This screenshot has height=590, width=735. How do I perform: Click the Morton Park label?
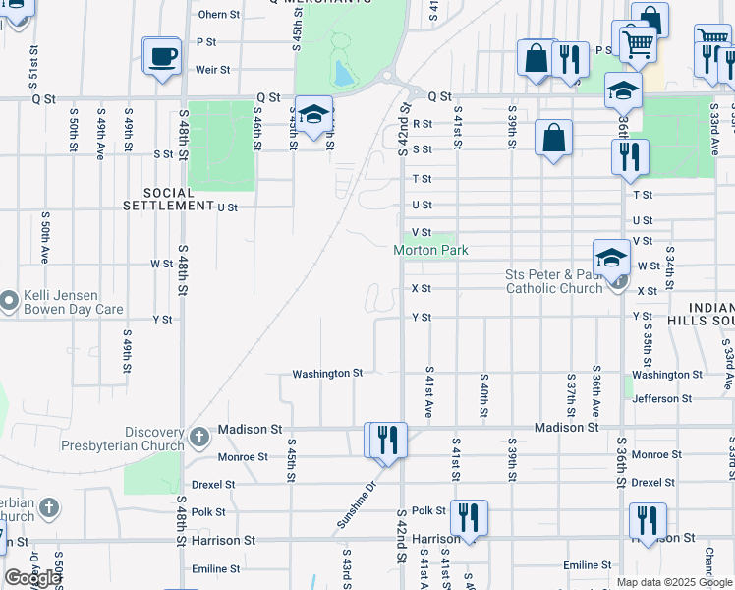point(430,250)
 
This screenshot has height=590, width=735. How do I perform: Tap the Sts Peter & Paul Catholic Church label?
point(553,281)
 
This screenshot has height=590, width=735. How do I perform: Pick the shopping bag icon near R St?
point(554,138)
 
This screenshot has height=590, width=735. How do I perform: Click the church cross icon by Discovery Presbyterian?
point(198,436)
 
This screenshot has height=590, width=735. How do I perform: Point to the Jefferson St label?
point(669,398)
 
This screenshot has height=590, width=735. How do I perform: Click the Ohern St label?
point(218,15)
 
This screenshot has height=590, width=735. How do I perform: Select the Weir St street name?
point(212,70)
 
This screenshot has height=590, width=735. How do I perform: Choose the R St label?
point(423,123)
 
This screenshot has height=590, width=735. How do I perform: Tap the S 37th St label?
point(571,391)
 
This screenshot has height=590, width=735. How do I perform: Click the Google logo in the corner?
point(31,577)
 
